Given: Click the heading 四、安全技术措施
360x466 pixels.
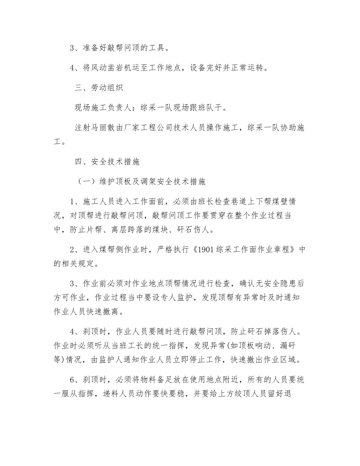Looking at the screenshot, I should click(107, 162).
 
